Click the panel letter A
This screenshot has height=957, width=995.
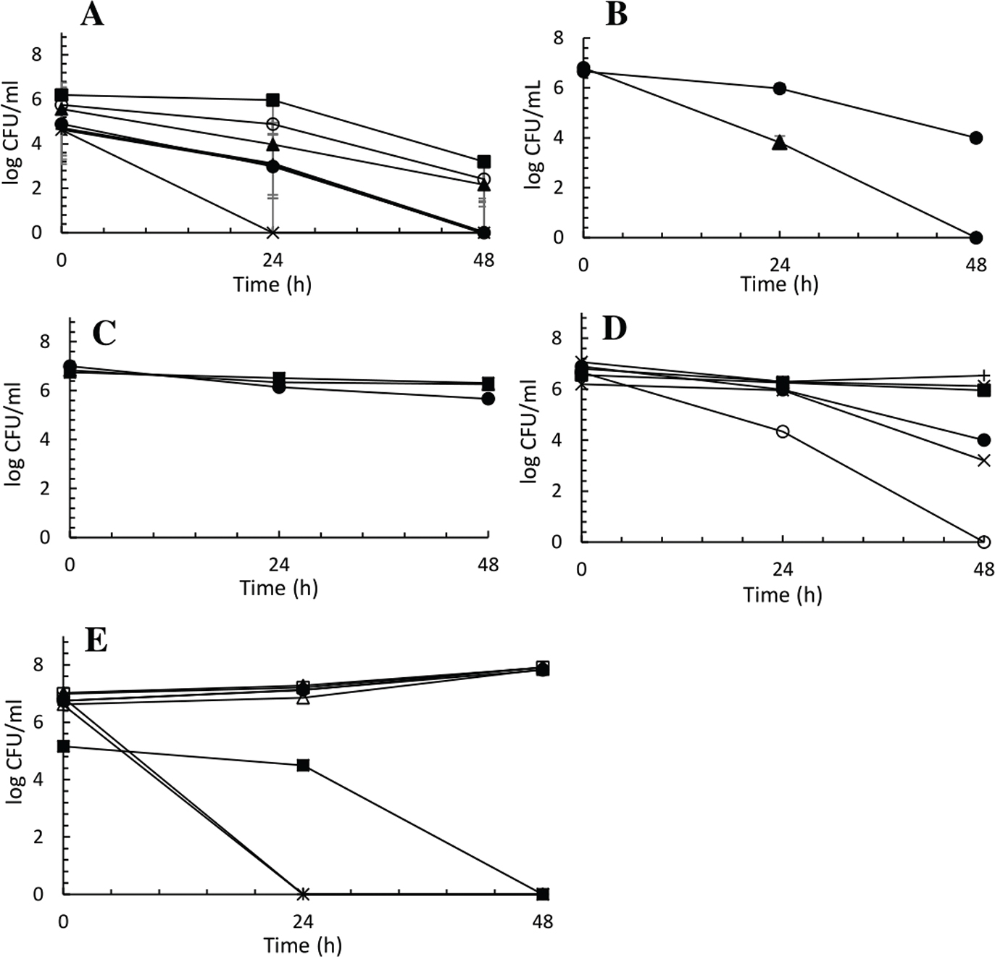coord(92,14)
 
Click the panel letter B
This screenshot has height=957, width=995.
coord(615,14)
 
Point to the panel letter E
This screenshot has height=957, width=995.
coord(96,641)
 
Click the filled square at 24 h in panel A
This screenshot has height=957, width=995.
coord(273,100)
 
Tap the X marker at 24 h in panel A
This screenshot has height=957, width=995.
coord(273,233)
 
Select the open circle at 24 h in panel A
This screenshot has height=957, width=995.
coord(273,124)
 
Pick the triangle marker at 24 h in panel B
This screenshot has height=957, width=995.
coord(780,143)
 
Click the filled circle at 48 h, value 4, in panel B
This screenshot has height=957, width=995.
coord(976,138)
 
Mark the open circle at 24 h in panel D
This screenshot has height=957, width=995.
coord(783,431)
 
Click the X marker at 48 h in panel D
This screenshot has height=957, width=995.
coord(983,460)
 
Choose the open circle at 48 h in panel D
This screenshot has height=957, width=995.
coord(983,542)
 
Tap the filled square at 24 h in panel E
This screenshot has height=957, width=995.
coord(303,766)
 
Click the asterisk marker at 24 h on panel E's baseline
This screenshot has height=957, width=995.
coord(303,894)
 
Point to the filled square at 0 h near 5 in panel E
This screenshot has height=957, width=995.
coord(64,746)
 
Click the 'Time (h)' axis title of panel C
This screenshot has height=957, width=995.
coord(279,587)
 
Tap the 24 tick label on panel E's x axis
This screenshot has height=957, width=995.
coord(303,921)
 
